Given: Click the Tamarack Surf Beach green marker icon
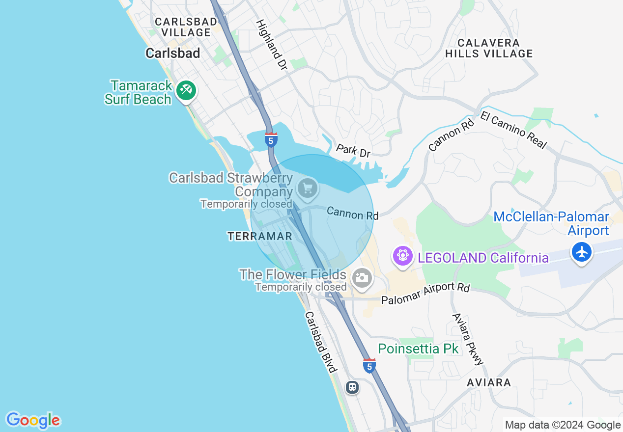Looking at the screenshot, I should pyautogui.click(x=186, y=90).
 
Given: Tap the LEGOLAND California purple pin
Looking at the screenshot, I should pyautogui.click(x=402, y=256).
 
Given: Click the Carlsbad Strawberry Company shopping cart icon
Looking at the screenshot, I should pyautogui.click(x=308, y=188).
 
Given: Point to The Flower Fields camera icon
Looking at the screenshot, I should pyautogui.click(x=362, y=278).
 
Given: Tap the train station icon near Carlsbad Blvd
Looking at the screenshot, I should pyautogui.click(x=352, y=387).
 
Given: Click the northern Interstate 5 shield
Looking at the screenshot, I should pyautogui.click(x=271, y=140).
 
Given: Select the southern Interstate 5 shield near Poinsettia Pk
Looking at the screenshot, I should pyautogui.click(x=369, y=366).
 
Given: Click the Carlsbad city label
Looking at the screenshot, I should pyautogui.click(x=172, y=53).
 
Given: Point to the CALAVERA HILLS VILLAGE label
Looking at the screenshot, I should pyautogui.click(x=489, y=48).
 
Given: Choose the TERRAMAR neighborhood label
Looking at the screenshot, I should pyautogui.click(x=259, y=236).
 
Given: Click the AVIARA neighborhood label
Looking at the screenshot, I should pyautogui.click(x=489, y=382).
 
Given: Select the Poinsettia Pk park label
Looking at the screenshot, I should pyautogui.click(x=418, y=349).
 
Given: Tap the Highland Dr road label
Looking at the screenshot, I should pyautogui.click(x=272, y=44).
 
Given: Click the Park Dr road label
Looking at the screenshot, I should pyautogui.click(x=353, y=151).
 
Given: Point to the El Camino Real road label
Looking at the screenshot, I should pyautogui.click(x=513, y=130).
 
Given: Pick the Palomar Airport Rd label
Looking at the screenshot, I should pyautogui.click(x=425, y=294).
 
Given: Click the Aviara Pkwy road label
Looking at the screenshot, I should pyautogui.click(x=468, y=339).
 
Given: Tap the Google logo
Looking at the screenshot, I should pyautogui.click(x=33, y=420).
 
